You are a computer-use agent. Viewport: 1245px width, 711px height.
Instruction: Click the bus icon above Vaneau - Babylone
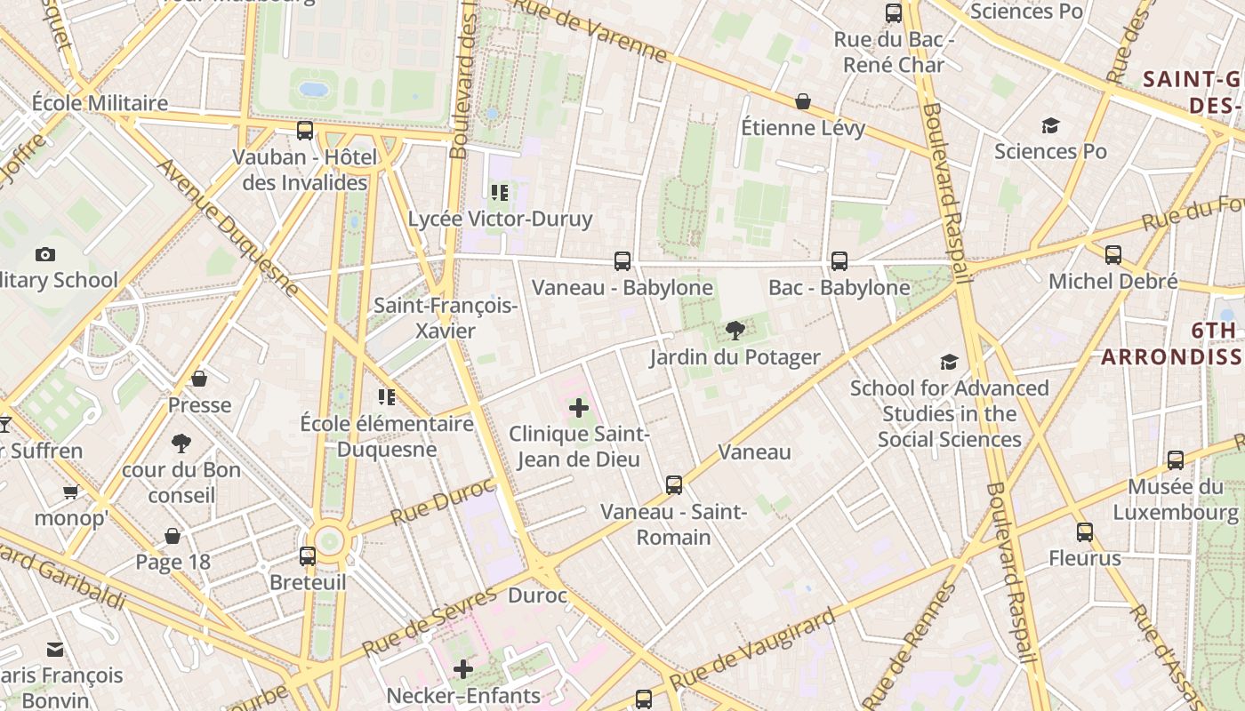622,261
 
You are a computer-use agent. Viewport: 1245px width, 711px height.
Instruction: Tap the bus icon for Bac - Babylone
839,261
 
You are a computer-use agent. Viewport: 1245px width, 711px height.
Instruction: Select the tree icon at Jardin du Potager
735,332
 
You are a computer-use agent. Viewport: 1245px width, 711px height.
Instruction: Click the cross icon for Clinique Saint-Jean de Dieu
579,409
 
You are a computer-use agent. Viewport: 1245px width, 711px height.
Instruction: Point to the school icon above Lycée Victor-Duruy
499,193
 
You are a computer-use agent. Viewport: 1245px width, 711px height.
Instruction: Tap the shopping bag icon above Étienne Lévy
803,102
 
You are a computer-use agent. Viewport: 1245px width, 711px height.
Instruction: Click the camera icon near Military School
45,255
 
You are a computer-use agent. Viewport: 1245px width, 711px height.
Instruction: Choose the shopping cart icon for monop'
70,491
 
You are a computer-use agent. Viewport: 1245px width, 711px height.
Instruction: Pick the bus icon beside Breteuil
308,556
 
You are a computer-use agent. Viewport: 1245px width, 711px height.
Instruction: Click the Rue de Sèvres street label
429,621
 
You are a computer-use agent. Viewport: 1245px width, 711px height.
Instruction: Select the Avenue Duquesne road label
229,228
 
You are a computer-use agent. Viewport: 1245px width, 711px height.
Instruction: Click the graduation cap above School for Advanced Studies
949,363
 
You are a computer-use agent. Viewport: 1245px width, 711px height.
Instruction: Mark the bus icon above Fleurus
1085,532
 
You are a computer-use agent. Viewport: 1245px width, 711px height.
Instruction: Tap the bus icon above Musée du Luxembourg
1176,460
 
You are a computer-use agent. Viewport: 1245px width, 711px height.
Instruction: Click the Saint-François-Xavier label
446,318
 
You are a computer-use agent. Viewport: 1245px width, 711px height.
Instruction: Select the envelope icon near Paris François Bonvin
55,650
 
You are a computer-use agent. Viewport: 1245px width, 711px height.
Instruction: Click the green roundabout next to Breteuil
330,539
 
